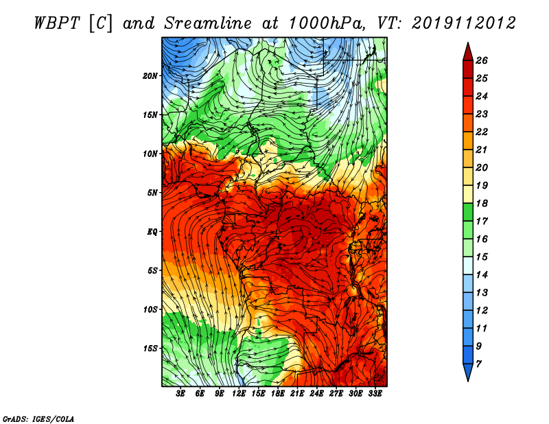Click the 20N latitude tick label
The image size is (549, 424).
(150, 76)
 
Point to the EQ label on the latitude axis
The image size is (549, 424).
(152, 232)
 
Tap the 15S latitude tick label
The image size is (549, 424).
(150, 349)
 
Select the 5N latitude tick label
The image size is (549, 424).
(152, 193)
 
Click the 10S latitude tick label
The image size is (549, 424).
(150, 309)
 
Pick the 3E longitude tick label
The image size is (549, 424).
(180, 394)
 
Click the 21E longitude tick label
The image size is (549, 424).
(297, 394)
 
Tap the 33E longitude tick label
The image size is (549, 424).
(375, 394)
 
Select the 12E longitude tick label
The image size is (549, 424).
(238, 394)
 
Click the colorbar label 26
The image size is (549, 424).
(482, 60)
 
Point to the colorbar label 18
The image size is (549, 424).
(482, 203)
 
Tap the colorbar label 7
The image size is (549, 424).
(478, 364)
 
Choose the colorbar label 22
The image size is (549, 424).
(482, 132)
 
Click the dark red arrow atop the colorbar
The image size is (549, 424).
(468, 51)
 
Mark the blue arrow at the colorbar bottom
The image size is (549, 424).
(468, 373)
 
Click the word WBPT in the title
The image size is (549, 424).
(58, 23)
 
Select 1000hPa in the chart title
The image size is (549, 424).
(325, 23)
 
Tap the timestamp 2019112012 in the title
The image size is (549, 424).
(463, 23)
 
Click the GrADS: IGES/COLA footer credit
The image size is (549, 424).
(38, 419)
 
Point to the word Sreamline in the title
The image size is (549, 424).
(208, 23)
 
